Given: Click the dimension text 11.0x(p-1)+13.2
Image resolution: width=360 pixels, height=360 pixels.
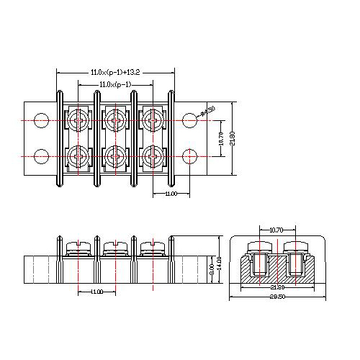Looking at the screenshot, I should [x=114, y=73].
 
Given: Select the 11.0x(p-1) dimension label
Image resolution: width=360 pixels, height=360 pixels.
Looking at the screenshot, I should [x=114, y=86].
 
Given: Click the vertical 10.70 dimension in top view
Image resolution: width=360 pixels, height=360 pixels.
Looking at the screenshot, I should [x=217, y=136].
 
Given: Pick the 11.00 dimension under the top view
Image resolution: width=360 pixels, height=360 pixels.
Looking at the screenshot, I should [x=171, y=194].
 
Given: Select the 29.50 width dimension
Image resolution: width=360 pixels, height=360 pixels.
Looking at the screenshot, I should [x=276, y=297].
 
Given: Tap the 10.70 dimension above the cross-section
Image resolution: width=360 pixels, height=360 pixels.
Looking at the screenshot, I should [x=276, y=230].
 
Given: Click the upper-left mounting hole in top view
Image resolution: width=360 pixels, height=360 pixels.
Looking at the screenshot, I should [x=42, y=119].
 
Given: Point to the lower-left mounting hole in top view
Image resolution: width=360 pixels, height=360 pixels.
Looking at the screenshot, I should [x=42, y=155].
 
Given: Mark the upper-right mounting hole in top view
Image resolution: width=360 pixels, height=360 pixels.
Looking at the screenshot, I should [x=191, y=119].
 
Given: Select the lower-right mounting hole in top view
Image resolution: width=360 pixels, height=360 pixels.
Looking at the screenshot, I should [x=191, y=155].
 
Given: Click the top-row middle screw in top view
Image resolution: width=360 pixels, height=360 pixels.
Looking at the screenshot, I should [x=115, y=118].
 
